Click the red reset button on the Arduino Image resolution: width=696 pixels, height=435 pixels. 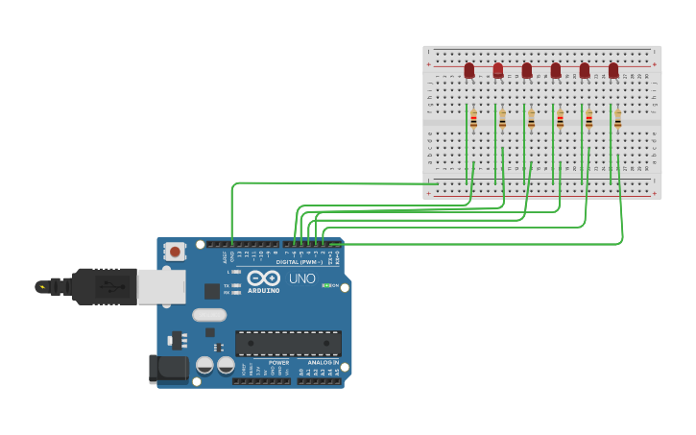pyautogui.click(x=176, y=252)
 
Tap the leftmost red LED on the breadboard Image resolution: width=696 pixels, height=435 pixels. pyautogui.click(x=469, y=70)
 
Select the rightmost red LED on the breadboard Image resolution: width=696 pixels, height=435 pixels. pyautogui.click(x=613, y=70)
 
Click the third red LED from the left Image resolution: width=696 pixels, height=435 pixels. pyautogui.click(x=527, y=70)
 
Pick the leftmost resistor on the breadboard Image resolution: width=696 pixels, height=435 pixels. pyautogui.click(x=473, y=118)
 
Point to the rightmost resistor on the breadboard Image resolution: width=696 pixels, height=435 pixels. pyautogui.click(x=617, y=118)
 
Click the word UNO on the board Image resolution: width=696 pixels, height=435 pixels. pyautogui.click(x=301, y=278)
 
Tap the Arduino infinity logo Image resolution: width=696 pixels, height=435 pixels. pyautogui.click(x=263, y=278)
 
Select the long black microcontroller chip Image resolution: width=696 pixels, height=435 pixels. pyautogui.click(x=288, y=343)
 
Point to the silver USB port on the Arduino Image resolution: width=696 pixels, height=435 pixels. pyautogui.click(x=160, y=286)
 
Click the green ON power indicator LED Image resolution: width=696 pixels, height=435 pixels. pyautogui.click(x=326, y=285)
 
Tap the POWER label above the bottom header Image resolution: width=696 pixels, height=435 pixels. pyautogui.click(x=278, y=362)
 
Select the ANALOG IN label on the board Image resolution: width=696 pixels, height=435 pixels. pyautogui.click(x=324, y=362)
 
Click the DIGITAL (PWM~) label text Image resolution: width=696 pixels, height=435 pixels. pyautogui.click(x=300, y=261)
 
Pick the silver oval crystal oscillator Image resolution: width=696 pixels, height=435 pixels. pyautogui.click(x=208, y=314)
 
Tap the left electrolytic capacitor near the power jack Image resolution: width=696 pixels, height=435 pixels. pyautogui.click(x=204, y=365)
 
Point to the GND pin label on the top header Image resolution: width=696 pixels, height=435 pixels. pyautogui.click(x=232, y=256)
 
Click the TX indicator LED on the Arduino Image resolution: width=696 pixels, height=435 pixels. pyautogui.click(x=235, y=285)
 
